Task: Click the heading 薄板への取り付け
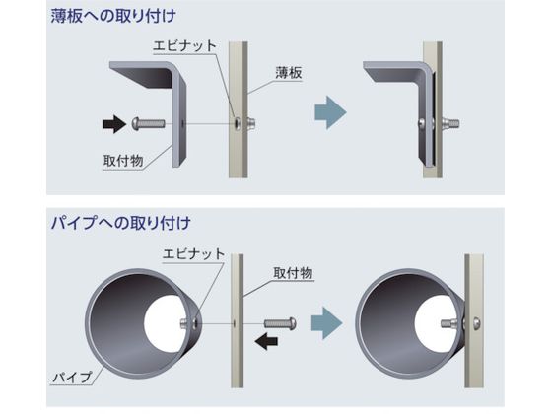pyautogui.click(x=113, y=16)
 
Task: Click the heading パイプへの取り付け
pyautogui.click(x=120, y=223)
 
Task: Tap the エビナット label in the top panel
pyautogui.click(x=184, y=46)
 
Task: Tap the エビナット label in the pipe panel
pyautogui.click(x=193, y=254)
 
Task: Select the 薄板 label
pyautogui.click(x=289, y=73)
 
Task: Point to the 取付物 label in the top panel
pyautogui.click(x=123, y=161)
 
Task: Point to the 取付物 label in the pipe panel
pyautogui.click(x=293, y=273)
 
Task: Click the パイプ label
pyautogui.click(x=72, y=378)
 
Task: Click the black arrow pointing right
pyautogui.click(x=114, y=124)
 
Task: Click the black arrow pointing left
pyautogui.click(x=266, y=341)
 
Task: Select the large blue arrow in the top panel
pyautogui.click(x=330, y=112)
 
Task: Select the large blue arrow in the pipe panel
pyautogui.click(x=326, y=323)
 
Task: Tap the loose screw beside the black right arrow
pyautogui.click(x=148, y=123)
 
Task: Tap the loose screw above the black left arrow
pyautogui.click(x=280, y=323)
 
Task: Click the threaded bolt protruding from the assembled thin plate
pyautogui.click(x=449, y=123)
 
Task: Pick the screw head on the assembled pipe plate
pyautogui.click(x=476, y=323)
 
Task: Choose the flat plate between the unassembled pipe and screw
pyautogui.click(x=238, y=320)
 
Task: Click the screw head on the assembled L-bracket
pyautogui.click(x=422, y=123)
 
